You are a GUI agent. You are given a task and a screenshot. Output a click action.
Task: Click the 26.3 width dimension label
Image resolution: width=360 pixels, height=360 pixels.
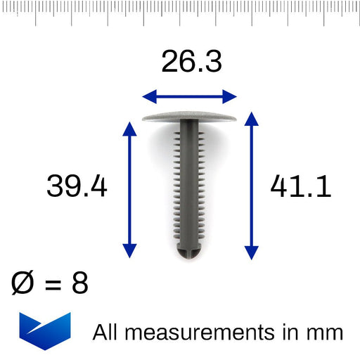coord(191,62)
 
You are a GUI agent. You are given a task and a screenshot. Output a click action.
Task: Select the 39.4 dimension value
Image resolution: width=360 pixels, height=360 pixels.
coord(77,186)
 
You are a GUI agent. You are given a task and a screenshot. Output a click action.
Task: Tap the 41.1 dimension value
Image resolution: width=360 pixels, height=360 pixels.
coord(300,186)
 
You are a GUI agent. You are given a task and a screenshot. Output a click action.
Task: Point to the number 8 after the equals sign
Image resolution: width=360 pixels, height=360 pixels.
coord(79,283)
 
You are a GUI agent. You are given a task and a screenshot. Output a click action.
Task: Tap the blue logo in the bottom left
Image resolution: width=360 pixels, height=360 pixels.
coord(45,330)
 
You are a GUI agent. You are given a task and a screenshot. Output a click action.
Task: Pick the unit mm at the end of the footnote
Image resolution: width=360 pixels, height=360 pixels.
coord(327,333)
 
